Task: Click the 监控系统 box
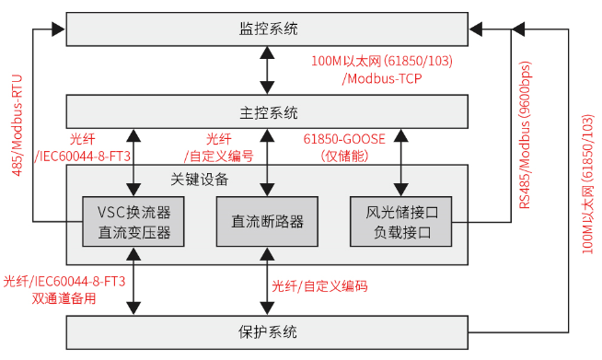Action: coord(268,29)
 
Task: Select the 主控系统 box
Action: coord(268,112)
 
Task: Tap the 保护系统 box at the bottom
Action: coord(268,331)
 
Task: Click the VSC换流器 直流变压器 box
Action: coord(134,222)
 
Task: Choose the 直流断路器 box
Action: coord(268,222)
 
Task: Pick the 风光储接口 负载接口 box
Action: coord(400,222)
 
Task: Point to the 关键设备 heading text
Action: coord(200,179)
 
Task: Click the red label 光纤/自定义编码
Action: coord(319,286)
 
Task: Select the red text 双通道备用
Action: coord(64,297)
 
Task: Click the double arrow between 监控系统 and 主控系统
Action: coord(268,71)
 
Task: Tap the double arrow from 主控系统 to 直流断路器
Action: coord(268,161)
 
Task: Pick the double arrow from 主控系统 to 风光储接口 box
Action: coord(400,161)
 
